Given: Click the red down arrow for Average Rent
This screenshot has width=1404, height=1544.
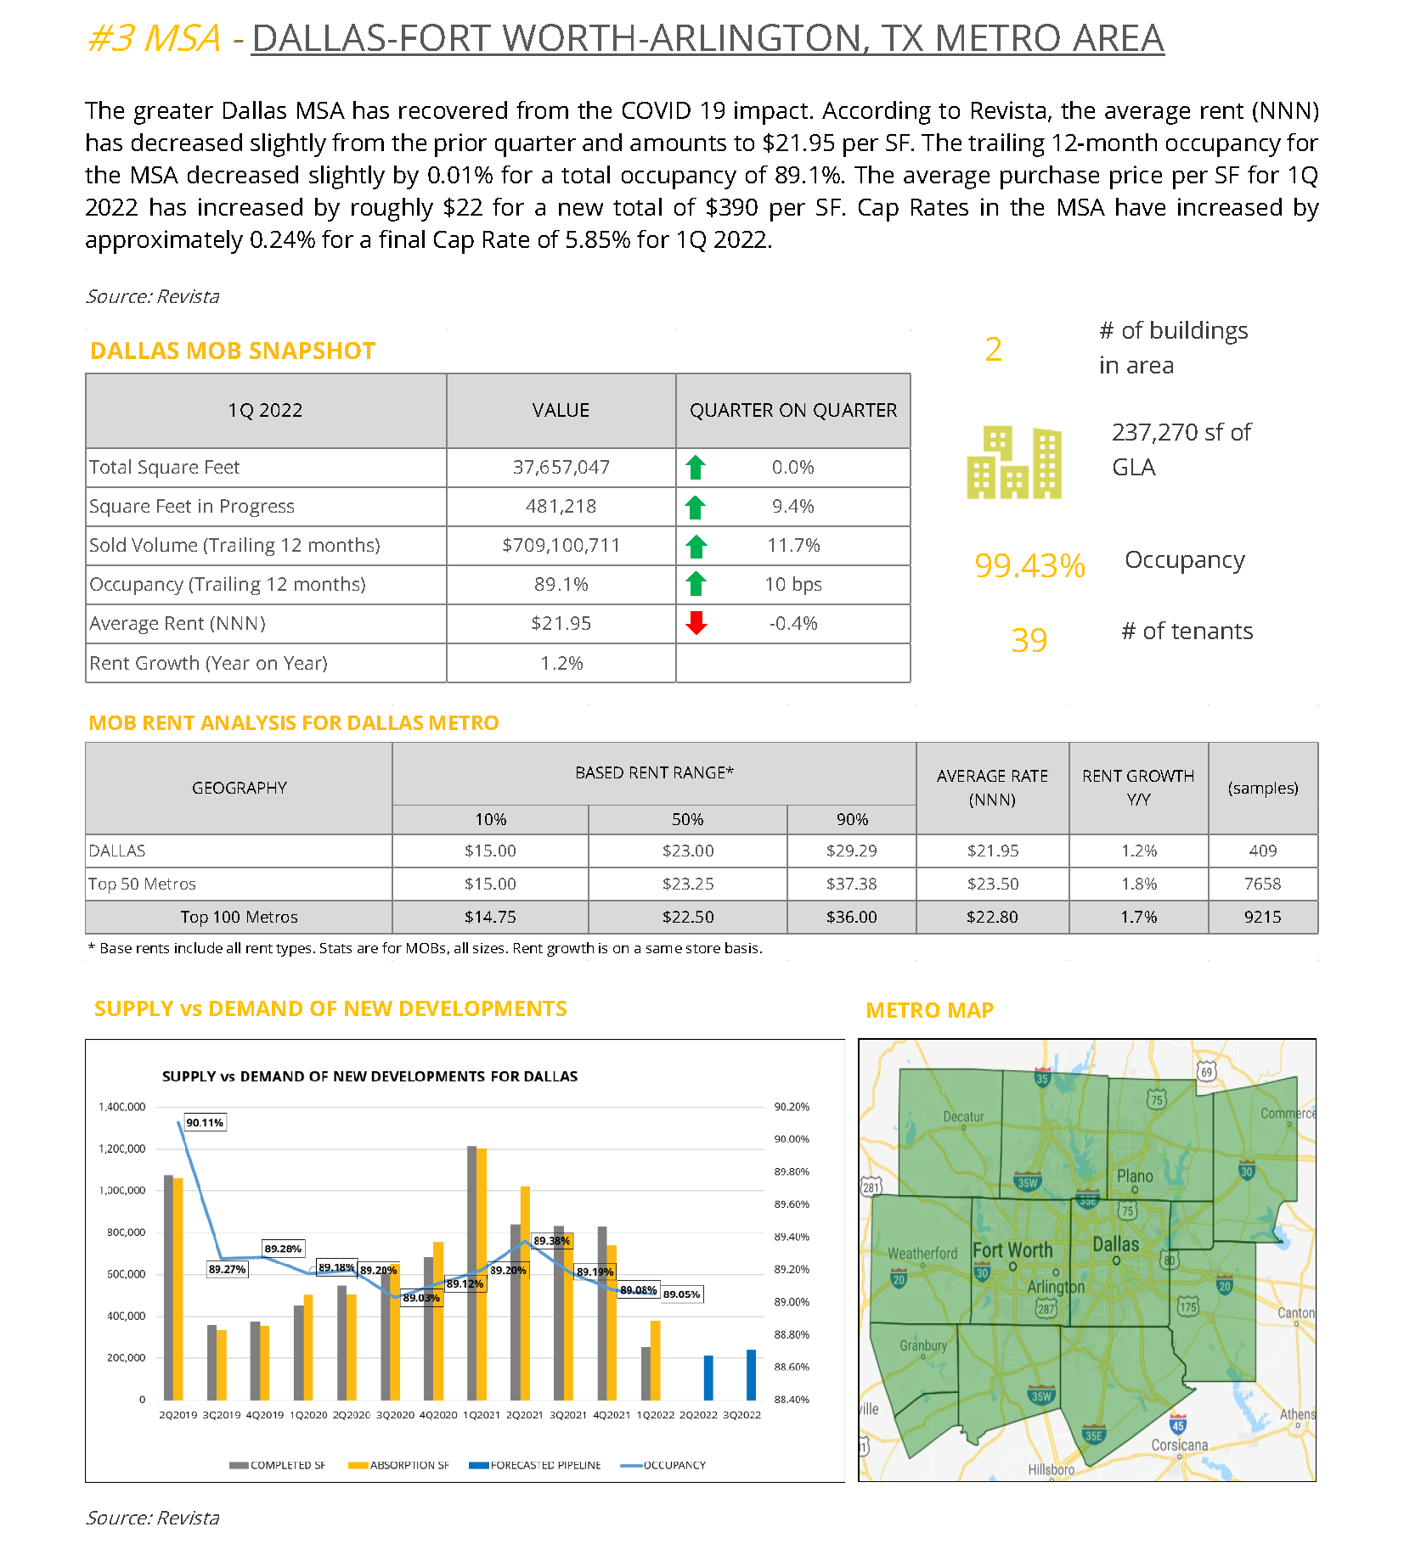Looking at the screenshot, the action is tap(696, 623).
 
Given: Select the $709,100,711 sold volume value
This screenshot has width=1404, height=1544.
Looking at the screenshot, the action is tap(561, 545).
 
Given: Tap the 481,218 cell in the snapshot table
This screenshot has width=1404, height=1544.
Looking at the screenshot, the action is tap(561, 506).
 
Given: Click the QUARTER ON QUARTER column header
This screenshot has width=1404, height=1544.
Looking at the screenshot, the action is tap(792, 410).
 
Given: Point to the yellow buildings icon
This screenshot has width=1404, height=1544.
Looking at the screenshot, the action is tap(1014, 462).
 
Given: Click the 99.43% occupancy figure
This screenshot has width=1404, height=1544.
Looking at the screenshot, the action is tap(1029, 565).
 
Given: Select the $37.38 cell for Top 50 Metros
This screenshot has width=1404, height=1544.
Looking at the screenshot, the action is tap(851, 884).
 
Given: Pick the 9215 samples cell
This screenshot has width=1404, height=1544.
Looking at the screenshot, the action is tap(1262, 917).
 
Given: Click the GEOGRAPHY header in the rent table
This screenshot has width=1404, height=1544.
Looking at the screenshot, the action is tap(240, 788).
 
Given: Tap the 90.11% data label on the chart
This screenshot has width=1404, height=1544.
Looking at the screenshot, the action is tap(205, 1122).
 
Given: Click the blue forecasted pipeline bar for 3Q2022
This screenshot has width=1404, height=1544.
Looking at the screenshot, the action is tap(751, 1374).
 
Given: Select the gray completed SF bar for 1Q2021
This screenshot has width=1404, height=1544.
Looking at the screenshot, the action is tap(472, 1272).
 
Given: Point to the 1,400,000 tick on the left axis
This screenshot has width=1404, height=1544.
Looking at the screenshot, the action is tap(122, 1107).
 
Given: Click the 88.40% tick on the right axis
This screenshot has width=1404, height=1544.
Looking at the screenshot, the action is tap(792, 1399).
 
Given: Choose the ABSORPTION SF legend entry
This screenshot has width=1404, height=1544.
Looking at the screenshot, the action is tap(399, 1465).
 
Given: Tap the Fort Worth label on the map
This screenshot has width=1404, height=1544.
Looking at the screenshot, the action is tap(1012, 1249).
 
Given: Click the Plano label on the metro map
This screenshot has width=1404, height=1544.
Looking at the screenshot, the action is tap(1135, 1176).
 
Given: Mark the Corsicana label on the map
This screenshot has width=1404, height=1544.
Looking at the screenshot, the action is tap(1179, 1445).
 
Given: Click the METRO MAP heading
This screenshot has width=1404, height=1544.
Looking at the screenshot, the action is tap(930, 1010).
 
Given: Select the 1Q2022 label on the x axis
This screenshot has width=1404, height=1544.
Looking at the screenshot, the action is tap(656, 1415).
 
